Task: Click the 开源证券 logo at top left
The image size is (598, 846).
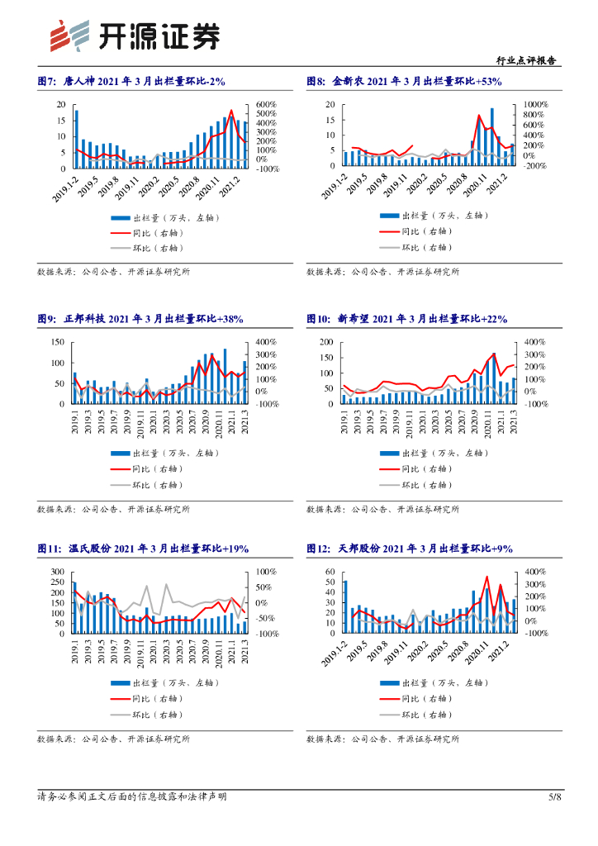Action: tap(135, 34)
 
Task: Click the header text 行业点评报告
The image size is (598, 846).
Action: tap(529, 60)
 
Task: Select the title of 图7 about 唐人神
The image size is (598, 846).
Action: tap(131, 81)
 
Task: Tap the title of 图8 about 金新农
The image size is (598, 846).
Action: tap(404, 81)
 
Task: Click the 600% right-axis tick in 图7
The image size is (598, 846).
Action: tap(266, 104)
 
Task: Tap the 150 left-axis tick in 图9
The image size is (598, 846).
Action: tap(58, 342)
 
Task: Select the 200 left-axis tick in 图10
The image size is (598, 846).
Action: tap(326, 342)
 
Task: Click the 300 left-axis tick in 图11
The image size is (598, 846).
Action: tap(58, 572)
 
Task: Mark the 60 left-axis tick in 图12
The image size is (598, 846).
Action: tap(329, 572)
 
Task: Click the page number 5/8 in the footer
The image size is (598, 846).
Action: tap(554, 796)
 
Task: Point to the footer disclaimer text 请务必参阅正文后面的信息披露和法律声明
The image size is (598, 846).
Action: tap(132, 796)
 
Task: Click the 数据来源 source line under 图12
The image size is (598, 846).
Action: tap(382, 739)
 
